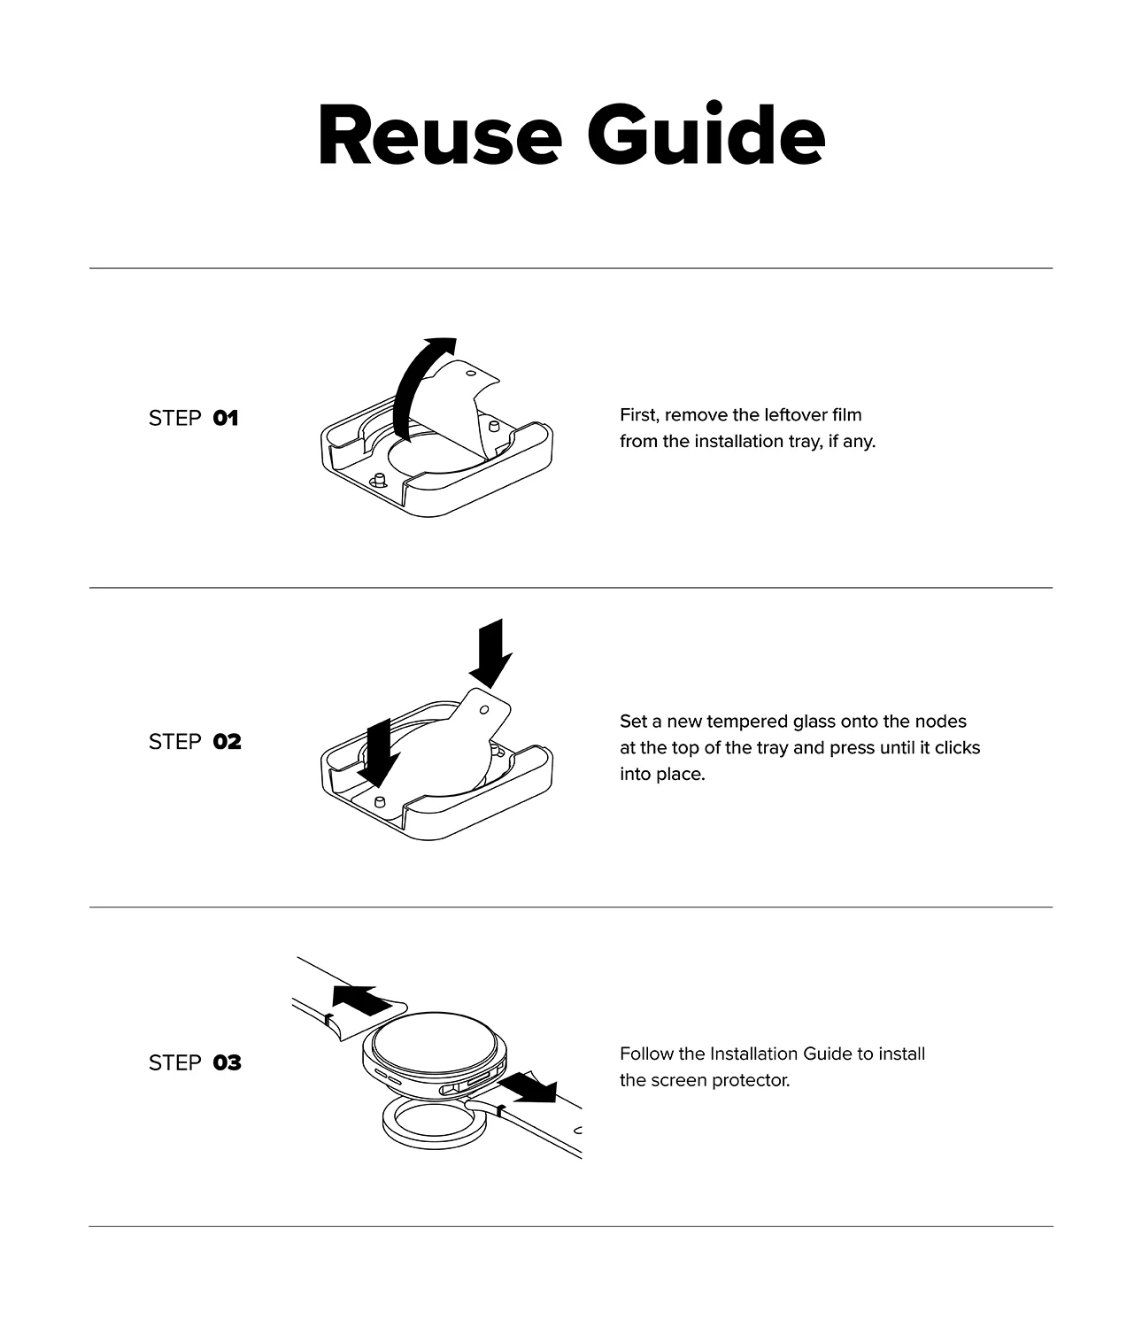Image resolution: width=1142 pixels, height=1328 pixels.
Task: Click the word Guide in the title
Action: (x=706, y=135)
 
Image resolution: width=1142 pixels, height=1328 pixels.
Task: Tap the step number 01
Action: (x=226, y=418)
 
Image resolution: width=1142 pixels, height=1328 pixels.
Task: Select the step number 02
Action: (x=227, y=741)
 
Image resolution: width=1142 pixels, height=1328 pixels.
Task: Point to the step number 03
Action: (x=227, y=1062)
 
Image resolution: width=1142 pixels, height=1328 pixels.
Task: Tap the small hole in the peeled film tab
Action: (x=471, y=373)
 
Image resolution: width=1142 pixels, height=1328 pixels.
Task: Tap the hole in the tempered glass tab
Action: (x=484, y=709)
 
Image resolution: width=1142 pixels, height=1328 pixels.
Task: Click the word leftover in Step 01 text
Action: (x=797, y=415)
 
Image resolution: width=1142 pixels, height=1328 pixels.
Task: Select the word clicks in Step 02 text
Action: (x=958, y=748)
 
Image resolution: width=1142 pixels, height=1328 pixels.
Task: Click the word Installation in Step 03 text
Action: (x=754, y=1054)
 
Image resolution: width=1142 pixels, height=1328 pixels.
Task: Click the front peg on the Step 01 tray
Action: (x=379, y=480)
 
